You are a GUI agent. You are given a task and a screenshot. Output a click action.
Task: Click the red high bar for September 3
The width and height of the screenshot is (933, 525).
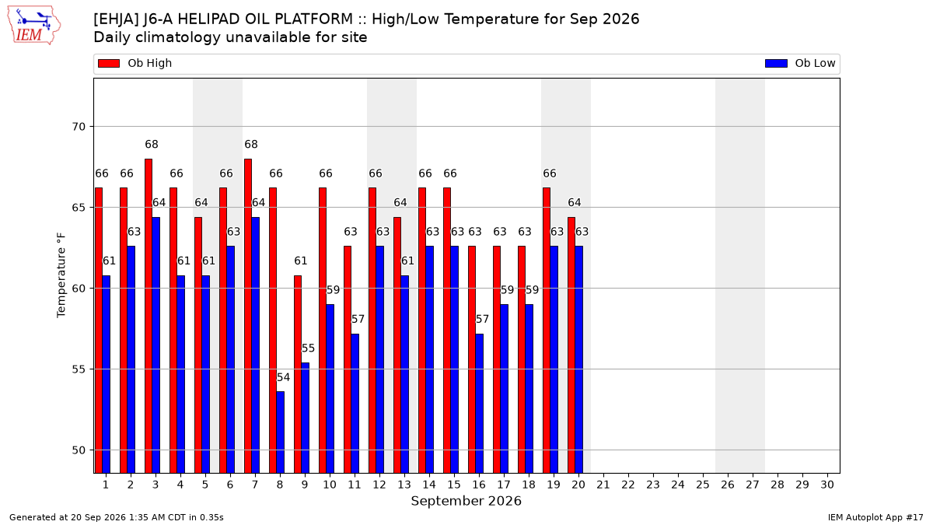point(149,316)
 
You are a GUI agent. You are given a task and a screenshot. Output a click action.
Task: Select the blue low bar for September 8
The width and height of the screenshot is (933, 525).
point(281,432)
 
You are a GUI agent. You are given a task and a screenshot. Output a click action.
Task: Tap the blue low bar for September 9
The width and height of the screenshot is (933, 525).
point(306,418)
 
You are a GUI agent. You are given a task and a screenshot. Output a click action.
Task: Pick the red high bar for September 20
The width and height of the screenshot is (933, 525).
point(571,345)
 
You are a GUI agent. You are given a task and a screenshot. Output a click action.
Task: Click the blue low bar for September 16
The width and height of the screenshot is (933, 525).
point(480,404)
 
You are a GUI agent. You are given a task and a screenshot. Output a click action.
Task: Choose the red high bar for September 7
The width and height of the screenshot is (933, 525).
point(248,316)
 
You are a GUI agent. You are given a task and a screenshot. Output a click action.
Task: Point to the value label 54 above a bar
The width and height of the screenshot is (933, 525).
point(283,377)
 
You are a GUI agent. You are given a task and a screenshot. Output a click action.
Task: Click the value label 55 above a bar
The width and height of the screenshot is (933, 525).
point(308,348)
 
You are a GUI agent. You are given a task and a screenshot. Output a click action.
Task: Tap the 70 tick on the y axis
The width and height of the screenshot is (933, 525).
point(79,127)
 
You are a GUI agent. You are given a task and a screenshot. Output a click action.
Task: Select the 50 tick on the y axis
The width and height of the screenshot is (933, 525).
point(79,450)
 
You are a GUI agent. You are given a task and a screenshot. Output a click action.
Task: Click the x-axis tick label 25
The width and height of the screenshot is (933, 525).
point(703,485)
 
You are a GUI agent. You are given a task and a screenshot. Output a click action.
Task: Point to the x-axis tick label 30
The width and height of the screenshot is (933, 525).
point(827,485)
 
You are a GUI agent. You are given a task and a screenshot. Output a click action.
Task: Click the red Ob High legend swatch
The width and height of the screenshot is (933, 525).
point(109,63)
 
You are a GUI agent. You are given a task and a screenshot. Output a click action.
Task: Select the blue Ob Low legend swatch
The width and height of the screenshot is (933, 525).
point(777,63)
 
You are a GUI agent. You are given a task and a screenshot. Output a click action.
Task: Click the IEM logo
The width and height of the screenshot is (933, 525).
point(33,26)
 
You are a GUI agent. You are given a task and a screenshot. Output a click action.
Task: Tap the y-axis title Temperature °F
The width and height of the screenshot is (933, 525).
point(61,275)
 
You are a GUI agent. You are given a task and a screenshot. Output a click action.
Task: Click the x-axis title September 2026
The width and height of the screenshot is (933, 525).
point(466,501)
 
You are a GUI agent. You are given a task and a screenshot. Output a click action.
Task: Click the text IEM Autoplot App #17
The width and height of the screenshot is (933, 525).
point(875,517)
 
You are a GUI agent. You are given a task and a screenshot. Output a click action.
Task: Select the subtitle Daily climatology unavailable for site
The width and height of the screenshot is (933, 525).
point(230,37)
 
